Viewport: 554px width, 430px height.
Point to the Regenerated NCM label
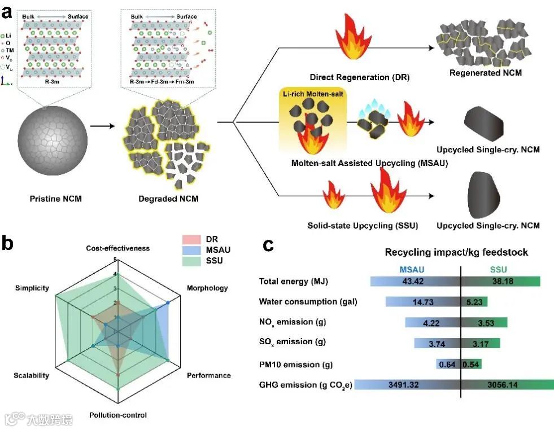[x=485, y=73]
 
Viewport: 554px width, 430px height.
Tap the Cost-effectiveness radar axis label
[x=118, y=248]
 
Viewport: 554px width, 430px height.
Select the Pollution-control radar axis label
[x=118, y=415]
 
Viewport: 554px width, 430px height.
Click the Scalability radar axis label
[x=31, y=375]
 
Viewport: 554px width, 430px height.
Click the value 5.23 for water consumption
[x=474, y=302]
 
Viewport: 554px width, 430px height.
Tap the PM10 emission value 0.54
[x=472, y=364]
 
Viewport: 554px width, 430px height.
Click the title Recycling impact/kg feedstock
[x=456, y=252]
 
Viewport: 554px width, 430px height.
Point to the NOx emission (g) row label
[x=293, y=322]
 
